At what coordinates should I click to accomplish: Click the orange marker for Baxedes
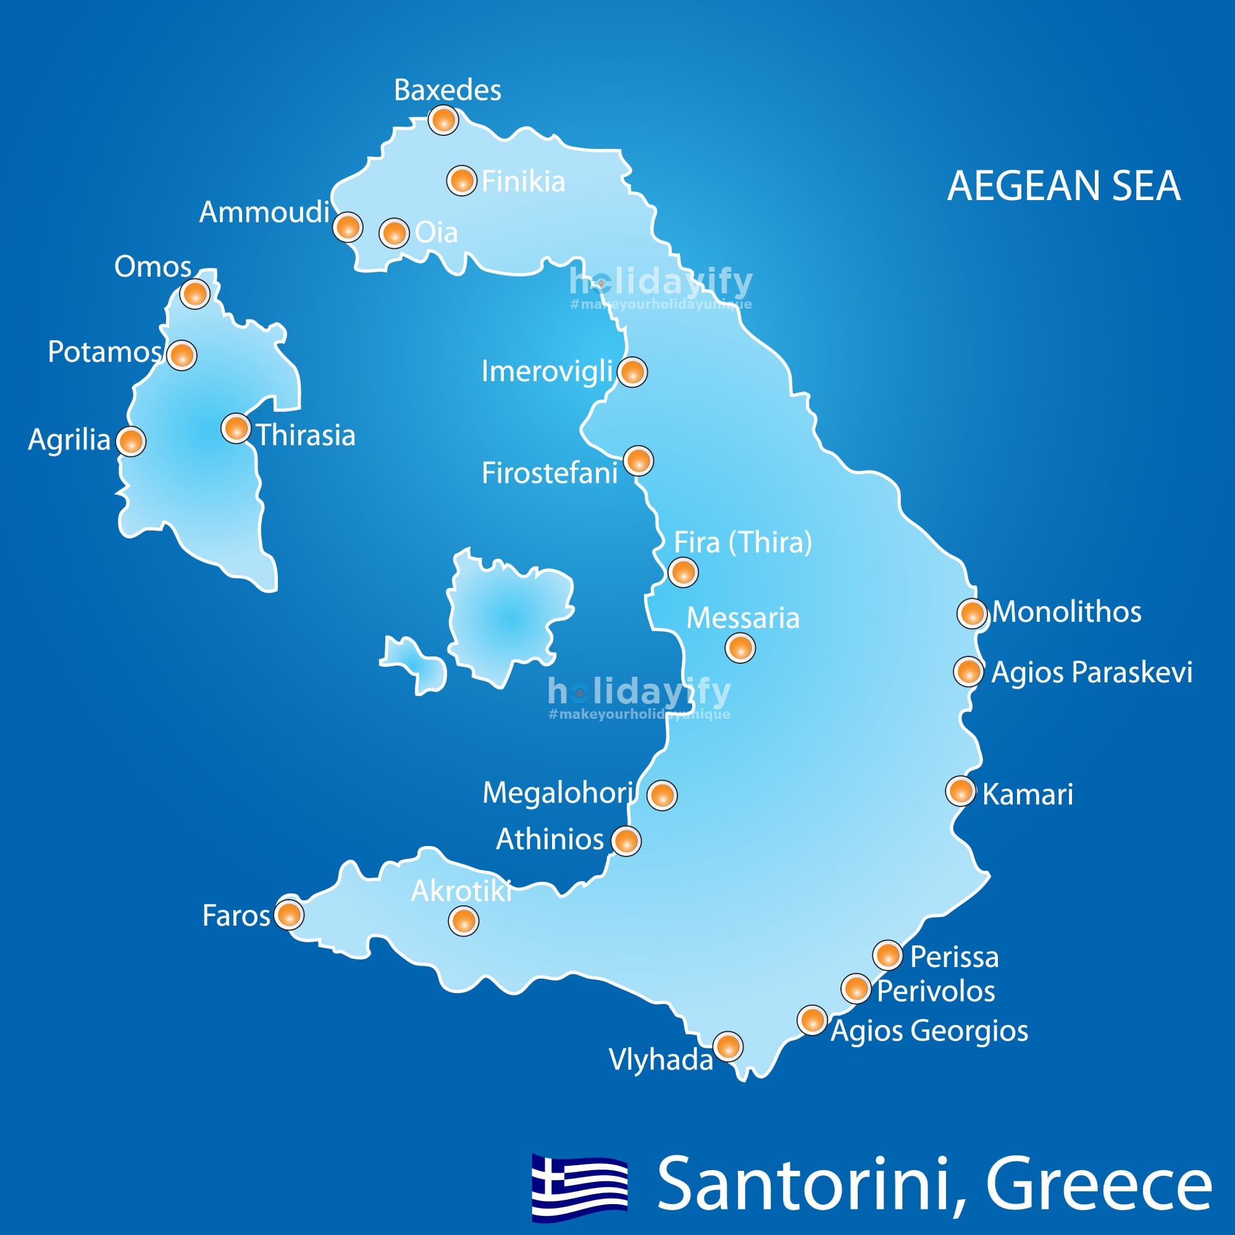(443, 120)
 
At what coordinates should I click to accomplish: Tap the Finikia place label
(523, 182)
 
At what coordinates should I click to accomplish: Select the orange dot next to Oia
(394, 233)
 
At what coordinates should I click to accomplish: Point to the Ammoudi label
(264, 212)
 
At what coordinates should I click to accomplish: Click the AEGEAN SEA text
(1064, 186)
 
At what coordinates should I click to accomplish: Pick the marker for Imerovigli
(632, 371)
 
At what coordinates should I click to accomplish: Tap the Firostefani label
(549, 474)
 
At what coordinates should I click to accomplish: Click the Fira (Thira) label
(742, 543)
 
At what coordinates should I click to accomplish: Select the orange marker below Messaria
(740, 648)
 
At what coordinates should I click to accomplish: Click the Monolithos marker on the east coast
(971, 613)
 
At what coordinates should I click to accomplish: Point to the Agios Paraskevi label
(1091, 672)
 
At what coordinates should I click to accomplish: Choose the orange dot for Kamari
(960, 792)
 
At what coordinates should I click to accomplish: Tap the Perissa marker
(887, 956)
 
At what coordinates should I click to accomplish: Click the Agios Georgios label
(929, 1031)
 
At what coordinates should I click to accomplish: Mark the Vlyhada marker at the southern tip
(727, 1047)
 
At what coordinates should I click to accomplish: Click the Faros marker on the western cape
(289, 914)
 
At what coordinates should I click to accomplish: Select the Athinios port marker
(626, 840)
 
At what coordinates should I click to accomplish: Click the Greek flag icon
(580, 1187)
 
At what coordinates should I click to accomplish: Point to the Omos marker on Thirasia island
(195, 294)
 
